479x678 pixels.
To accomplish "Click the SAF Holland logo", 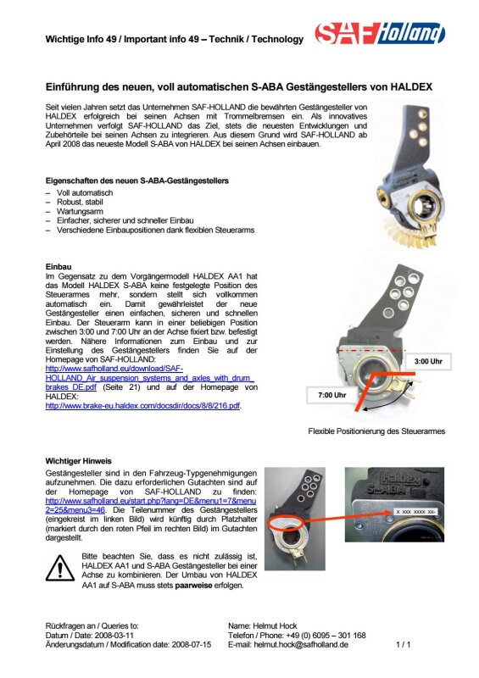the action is click(x=380, y=33).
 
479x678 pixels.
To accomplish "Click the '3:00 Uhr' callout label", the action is click(x=428, y=362).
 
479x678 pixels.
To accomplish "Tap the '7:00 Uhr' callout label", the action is click(x=332, y=395).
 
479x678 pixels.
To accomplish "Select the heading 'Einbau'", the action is click(x=58, y=267).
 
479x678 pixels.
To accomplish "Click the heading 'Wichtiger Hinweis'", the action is click(x=78, y=461).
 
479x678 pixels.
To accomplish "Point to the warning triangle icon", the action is click(x=59, y=568).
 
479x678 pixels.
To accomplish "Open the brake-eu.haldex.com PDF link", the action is click(x=142, y=406).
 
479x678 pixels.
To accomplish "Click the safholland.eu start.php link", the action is click(x=151, y=505).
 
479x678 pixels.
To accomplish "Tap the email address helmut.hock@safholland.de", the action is click(x=301, y=645).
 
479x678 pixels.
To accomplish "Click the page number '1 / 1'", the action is click(x=404, y=645).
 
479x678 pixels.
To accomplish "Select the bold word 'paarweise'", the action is click(x=193, y=586).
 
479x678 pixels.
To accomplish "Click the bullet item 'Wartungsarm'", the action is click(x=80, y=211).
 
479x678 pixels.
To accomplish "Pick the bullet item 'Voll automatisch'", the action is click(x=85, y=193).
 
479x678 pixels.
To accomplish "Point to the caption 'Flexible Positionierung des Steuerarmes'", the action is click(x=376, y=431).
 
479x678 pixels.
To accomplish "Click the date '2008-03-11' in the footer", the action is click(x=114, y=636).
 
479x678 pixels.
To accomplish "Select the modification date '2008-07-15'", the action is click(x=192, y=645).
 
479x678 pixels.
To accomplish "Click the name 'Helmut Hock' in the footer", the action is click(x=275, y=626).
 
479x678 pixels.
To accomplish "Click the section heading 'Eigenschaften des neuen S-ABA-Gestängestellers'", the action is click(x=137, y=181).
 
